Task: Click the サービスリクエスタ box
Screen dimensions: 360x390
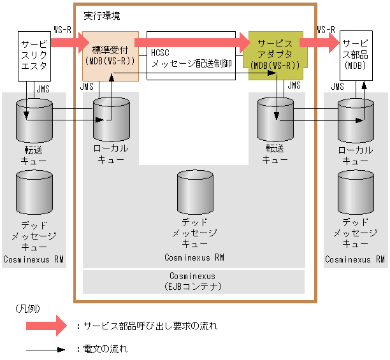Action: click(x=34, y=56)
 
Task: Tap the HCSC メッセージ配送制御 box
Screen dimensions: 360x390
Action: click(x=191, y=55)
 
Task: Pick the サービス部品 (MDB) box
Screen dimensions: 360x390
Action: click(x=356, y=54)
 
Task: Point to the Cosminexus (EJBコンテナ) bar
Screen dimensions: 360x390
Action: click(x=193, y=281)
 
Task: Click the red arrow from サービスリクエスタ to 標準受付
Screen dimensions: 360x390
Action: click(x=66, y=43)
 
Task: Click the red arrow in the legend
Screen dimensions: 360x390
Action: click(x=47, y=326)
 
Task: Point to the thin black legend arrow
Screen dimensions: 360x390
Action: click(x=46, y=349)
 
